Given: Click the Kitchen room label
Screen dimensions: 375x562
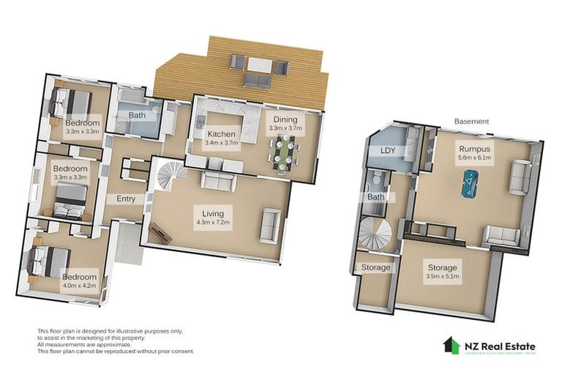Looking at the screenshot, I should [221, 134].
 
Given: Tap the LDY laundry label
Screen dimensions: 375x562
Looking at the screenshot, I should [388, 150].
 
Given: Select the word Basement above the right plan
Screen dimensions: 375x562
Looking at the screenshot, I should [471, 121].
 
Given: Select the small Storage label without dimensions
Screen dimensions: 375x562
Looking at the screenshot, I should [376, 267].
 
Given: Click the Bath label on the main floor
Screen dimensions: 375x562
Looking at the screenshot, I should [138, 116].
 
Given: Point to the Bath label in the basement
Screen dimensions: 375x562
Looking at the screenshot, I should [376, 197].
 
